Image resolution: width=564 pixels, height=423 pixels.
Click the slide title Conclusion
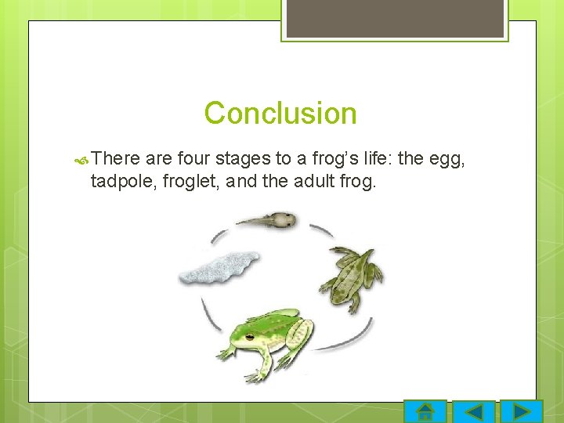pos(280,114)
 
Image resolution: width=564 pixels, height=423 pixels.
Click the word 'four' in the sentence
pos(193,159)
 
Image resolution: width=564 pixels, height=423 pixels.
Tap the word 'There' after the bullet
pos(116,159)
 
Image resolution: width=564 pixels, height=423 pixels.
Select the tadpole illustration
pos(269,220)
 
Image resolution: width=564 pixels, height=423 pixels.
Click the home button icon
pos(425,411)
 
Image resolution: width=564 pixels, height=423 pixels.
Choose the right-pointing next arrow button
pos(521,411)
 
